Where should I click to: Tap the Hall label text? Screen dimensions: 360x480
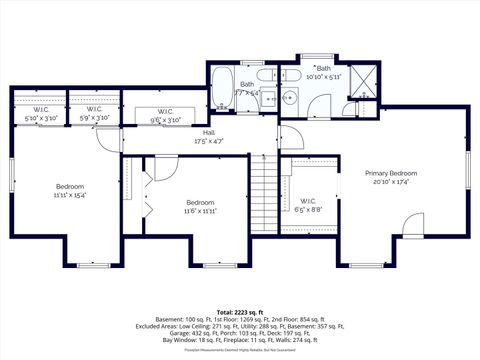coord(209,133)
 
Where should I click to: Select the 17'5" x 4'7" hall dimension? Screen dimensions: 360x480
coord(209,142)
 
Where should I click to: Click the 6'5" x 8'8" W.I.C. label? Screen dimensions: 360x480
coord(308,204)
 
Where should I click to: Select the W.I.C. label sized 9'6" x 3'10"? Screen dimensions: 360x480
coord(166,115)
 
